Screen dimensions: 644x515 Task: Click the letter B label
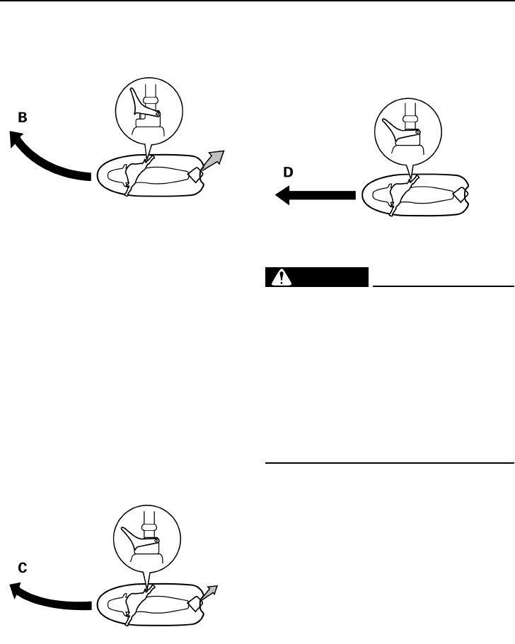coord(23,119)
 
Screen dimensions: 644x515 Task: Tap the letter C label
coord(23,567)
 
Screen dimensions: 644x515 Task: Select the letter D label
coord(288,172)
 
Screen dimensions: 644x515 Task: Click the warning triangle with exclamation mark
coord(283,277)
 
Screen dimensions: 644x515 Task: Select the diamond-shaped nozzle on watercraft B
coord(195,172)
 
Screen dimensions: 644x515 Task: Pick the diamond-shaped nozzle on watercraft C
coord(194,603)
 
